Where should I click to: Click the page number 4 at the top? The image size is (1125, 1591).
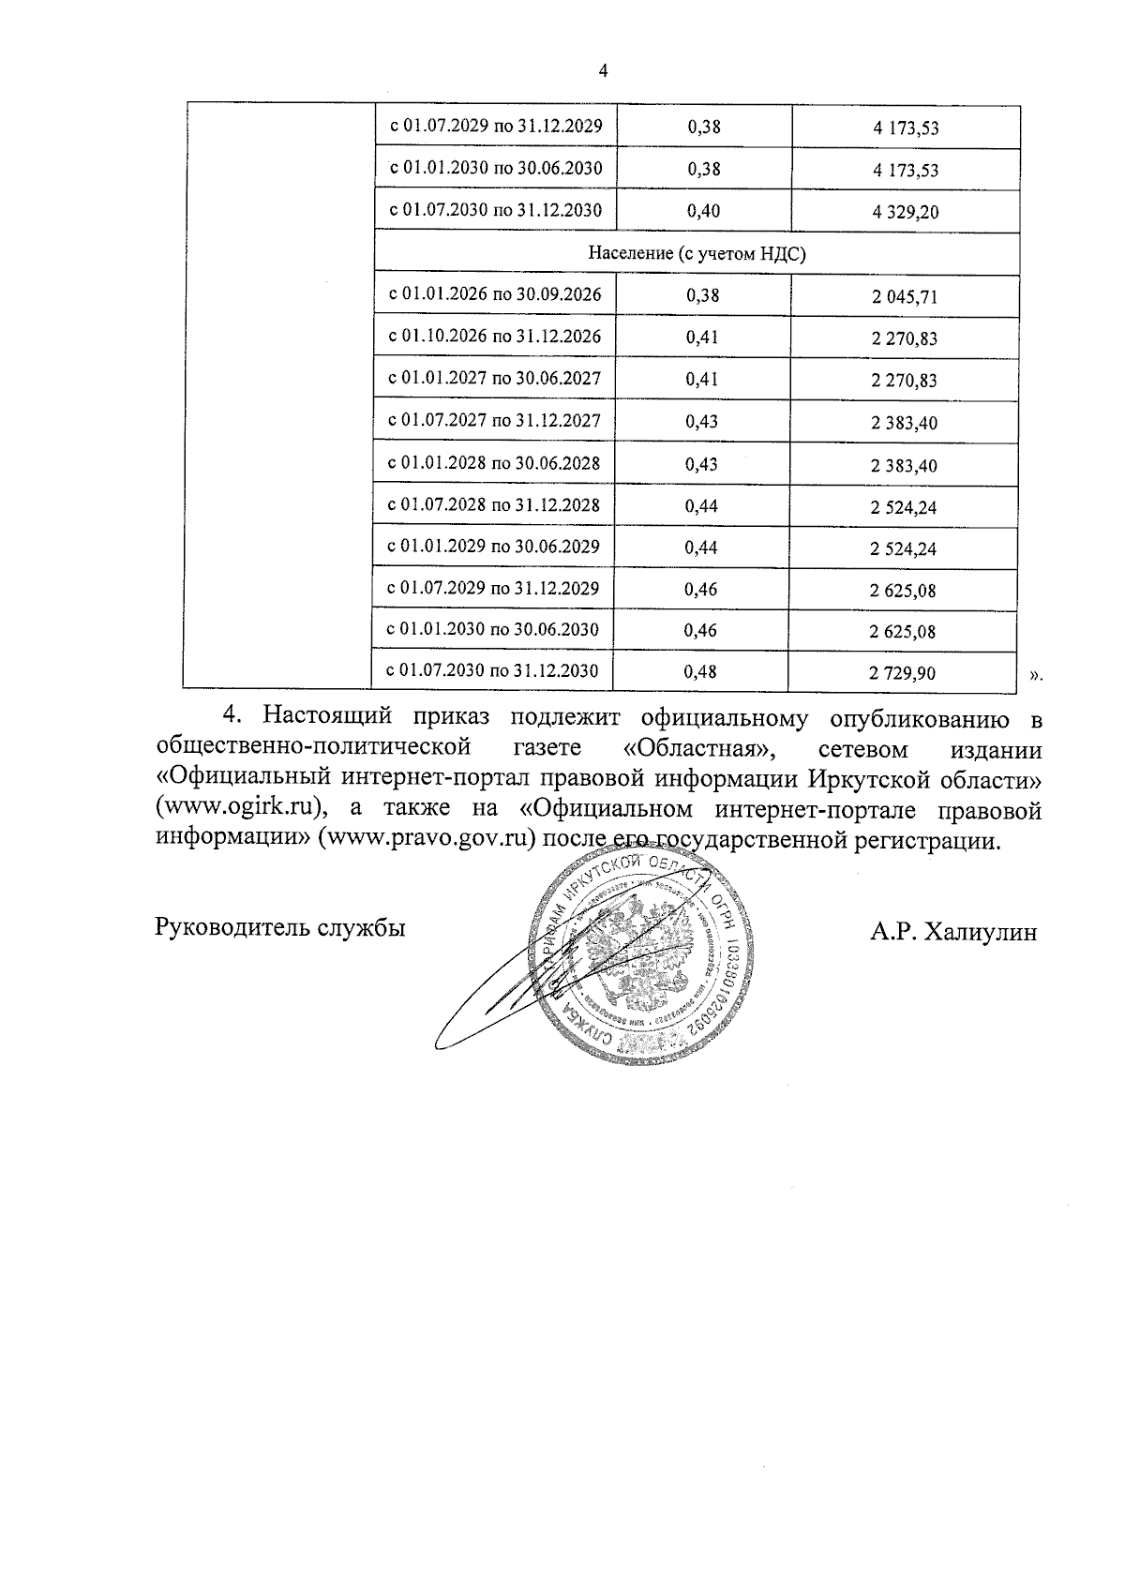pyautogui.click(x=603, y=71)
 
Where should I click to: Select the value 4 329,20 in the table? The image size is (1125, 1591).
pyautogui.click(x=905, y=213)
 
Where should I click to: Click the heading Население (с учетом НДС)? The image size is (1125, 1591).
pyautogui.click(x=697, y=254)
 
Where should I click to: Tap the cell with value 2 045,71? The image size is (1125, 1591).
pyautogui.click(x=904, y=298)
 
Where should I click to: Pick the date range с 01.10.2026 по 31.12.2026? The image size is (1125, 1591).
pyautogui.click(x=495, y=337)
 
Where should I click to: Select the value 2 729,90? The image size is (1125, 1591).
pyautogui.click(x=902, y=673)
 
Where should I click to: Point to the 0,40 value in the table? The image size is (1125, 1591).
pyautogui.click(x=703, y=211)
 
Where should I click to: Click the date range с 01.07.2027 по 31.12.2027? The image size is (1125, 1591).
pyautogui.click(x=494, y=421)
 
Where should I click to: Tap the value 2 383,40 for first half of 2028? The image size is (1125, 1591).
pyautogui.click(x=904, y=466)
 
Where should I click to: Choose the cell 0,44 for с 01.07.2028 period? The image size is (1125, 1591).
pyautogui.click(x=701, y=506)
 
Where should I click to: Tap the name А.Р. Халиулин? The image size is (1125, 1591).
pyautogui.click(x=953, y=932)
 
